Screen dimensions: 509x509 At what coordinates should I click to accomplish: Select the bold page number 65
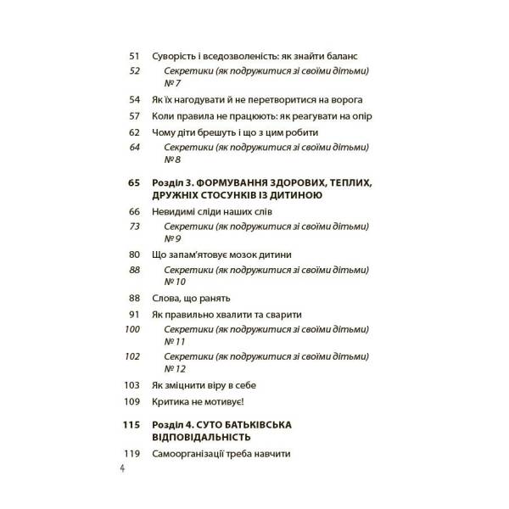point(131,182)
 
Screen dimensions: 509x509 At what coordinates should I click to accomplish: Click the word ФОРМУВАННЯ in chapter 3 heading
point(247,182)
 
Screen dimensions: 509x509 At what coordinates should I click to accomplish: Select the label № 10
point(176,282)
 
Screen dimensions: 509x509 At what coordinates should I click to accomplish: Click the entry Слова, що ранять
point(191,299)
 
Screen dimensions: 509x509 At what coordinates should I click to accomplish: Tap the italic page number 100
point(131,328)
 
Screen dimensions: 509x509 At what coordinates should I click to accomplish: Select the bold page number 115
point(130,423)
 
